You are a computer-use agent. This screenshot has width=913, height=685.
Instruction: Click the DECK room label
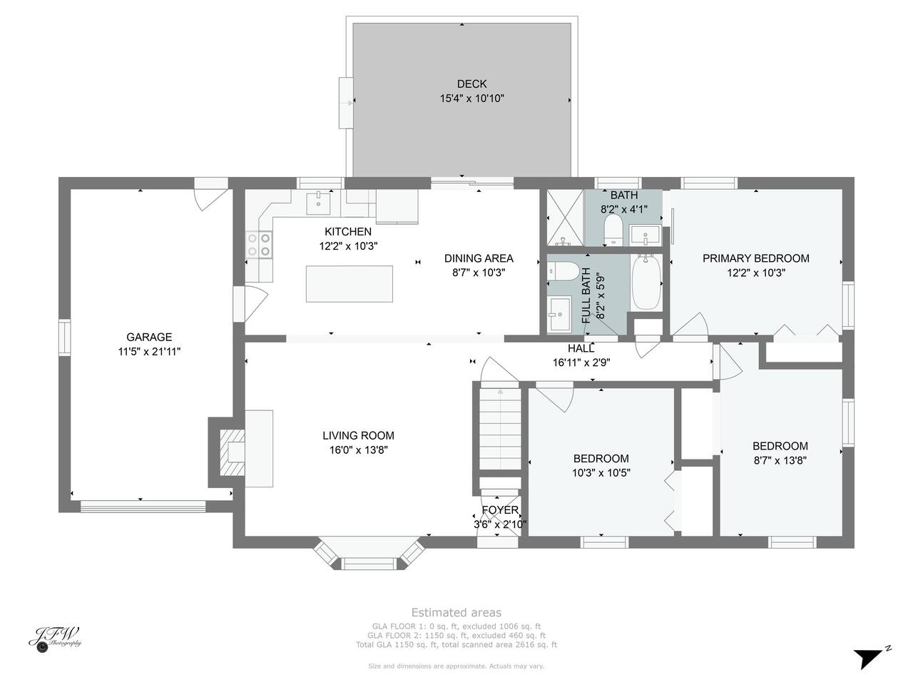pyautogui.click(x=471, y=84)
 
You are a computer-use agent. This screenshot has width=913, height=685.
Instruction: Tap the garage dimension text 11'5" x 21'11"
pyautogui.click(x=149, y=352)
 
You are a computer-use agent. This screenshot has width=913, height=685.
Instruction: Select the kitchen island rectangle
pyautogui.click(x=349, y=284)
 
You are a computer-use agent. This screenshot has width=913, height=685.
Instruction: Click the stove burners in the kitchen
pyautogui.click(x=259, y=245)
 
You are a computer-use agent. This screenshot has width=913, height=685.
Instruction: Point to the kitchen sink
pyautogui.click(x=318, y=203)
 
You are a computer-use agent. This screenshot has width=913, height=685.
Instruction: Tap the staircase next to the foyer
pyautogui.click(x=501, y=428)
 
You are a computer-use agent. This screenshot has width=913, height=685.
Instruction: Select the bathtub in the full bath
pyautogui.click(x=646, y=282)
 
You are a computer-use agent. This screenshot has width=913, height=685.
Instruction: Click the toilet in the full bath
pyautogui.click(x=563, y=271)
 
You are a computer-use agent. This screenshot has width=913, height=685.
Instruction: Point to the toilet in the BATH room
pyautogui.click(x=612, y=229)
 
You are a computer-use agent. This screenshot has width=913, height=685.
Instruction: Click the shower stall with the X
pyautogui.click(x=565, y=217)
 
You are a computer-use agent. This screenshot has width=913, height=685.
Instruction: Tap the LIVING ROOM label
pyautogui.click(x=358, y=435)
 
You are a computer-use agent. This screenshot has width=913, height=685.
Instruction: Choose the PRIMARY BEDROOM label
pyautogui.click(x=756, y=258)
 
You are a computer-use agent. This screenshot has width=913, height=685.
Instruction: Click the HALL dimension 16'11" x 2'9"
pyautogui.click(x=581, y=362)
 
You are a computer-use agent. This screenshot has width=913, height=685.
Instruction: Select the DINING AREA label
pyautogui.click(x=479, y=258)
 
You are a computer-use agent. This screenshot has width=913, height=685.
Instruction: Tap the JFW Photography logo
pyautogui.click(x=55, y=639)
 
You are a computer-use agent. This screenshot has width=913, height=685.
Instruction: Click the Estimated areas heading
pyautogui.click(x=456, y=613)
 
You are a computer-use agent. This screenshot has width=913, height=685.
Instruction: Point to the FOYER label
pyautogui.click(x=500, y=510)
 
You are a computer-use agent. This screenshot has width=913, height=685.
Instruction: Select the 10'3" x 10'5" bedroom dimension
pyautogui.click(x=601, y=473)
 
